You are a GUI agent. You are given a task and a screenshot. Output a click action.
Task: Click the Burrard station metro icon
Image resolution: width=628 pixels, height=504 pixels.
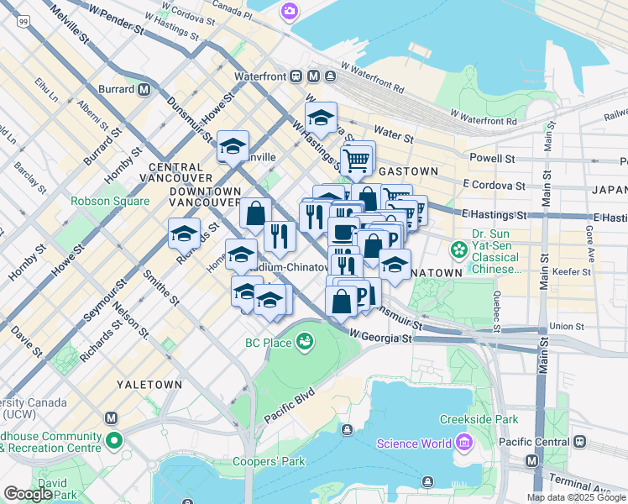point(144,89)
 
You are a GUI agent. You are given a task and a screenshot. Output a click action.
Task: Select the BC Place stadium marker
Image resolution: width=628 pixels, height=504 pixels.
point(305,342)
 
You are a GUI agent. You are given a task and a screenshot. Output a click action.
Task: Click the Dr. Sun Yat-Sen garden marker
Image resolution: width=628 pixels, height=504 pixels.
point(459,249)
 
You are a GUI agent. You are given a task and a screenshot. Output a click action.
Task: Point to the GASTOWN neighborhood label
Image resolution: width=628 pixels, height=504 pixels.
point(409,171)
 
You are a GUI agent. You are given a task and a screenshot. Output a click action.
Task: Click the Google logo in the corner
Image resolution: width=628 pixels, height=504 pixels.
point(28,494)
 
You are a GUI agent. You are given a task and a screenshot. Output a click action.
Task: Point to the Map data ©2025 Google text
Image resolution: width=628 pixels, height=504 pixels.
point(576,497)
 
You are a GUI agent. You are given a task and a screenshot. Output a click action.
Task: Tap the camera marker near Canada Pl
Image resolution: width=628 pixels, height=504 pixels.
point(290,11)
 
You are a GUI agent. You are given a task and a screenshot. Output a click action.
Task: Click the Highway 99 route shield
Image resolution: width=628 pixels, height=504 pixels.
point(25,20)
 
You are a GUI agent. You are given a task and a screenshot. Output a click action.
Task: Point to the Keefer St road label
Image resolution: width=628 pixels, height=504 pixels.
point(573,272)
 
